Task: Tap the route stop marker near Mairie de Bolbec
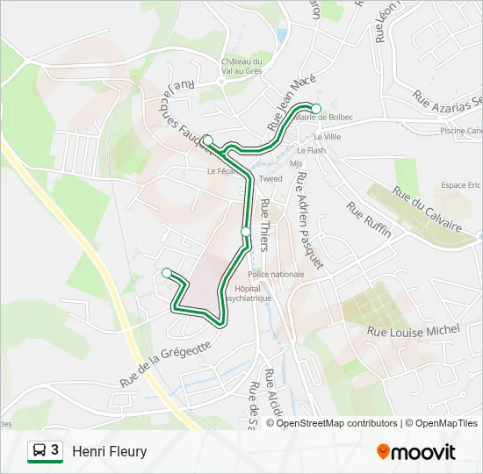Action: (x=316, y=109)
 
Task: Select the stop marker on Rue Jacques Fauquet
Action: (x=208, y=140)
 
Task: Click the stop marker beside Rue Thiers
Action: (x=246, y=232)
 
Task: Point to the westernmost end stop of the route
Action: (x=167, y=273)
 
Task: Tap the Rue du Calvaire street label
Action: (x=427, y=210)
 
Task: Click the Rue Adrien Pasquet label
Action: (x=308, y=219)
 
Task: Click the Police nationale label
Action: (x=275, y=274)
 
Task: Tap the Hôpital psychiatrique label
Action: (x=248, y=293)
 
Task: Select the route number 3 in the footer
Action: (x=55, y=450)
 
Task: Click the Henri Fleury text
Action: (x=109, y=451)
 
